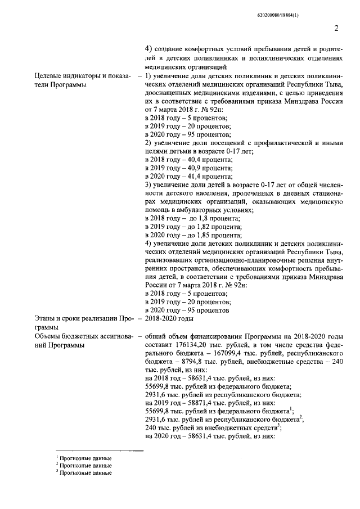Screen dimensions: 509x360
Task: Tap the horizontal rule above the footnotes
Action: (95, 452)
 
